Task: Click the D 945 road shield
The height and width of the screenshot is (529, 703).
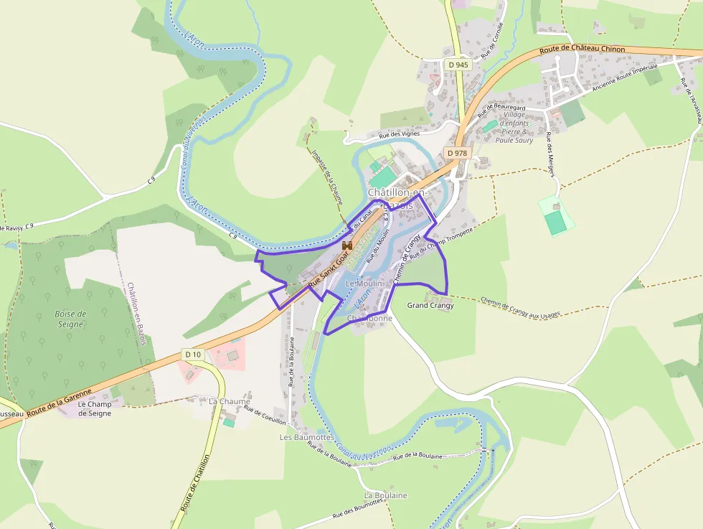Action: tap(458, 65)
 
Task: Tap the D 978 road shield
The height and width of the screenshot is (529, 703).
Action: tap(457, 153)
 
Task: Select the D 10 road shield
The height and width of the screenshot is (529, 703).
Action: tap(193, 355)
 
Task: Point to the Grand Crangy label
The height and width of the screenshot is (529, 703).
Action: tap(430, 306)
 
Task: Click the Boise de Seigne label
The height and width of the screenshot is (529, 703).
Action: tap(70, 319)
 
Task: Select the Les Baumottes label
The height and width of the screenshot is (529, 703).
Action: tap(306, 437)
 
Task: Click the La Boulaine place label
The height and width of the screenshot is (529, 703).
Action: tap(385, 495)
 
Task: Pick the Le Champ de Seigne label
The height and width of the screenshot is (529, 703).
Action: tap(95, 408)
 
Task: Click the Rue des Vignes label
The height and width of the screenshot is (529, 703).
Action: tap(399, 135)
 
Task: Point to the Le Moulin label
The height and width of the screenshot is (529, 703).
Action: tap(364, 284)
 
